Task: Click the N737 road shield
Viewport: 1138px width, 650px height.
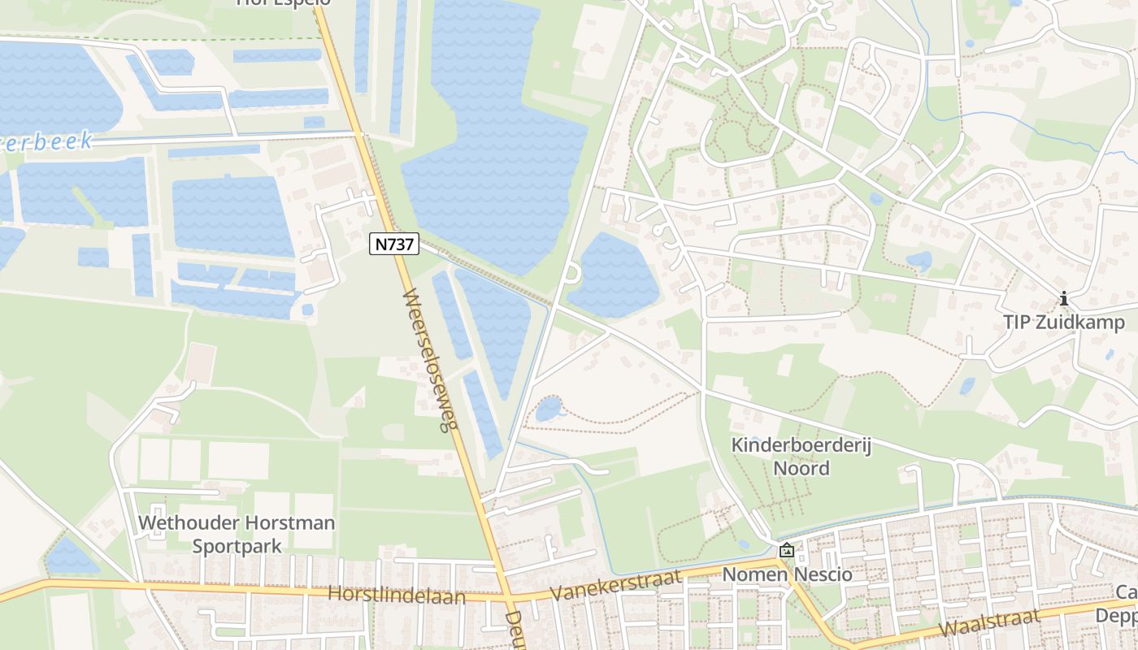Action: tap(394, 243)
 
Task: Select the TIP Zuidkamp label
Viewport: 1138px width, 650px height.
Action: tap(1063, 323)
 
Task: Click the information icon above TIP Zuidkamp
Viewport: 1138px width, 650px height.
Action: tap(1063, 300)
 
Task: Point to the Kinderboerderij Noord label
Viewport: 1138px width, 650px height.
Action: tap(801, 457)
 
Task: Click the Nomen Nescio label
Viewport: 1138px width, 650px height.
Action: tap(787, 574)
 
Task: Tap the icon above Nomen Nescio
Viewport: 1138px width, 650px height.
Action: tap(786, 551)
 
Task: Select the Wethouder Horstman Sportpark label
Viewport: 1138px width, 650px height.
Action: tap(237, 534)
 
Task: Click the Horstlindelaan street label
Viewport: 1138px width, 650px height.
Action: tap(396, 596)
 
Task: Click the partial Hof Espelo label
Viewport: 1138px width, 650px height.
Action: tap(283, 3)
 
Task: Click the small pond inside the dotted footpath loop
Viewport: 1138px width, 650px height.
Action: tap(549, 409)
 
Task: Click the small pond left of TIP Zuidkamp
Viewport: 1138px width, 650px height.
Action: tap(919, 261)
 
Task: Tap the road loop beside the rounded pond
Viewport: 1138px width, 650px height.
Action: tap(571, 274)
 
